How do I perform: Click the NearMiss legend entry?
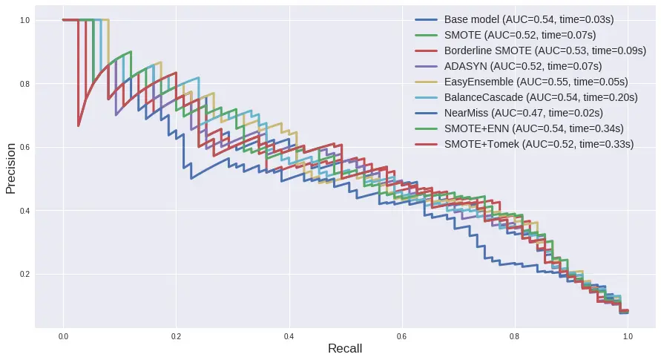(x=524, y=113)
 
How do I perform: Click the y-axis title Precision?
(x=11, y=168)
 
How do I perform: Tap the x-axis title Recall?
(x=345, y=348)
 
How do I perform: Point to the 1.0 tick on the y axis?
(x=24, y=20)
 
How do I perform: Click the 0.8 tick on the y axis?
(x=24, y=84)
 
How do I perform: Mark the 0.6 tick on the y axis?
(x=24, y=147)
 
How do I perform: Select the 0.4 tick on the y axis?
(x=24, y=211)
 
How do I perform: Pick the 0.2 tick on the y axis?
(x=24, y=275)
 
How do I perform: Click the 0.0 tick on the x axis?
(x=63, y=336)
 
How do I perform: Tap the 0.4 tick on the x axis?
(x=289, y=336)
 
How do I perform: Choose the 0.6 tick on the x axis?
(x=401, y=336)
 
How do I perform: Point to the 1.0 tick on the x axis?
(x=628, y=336)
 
